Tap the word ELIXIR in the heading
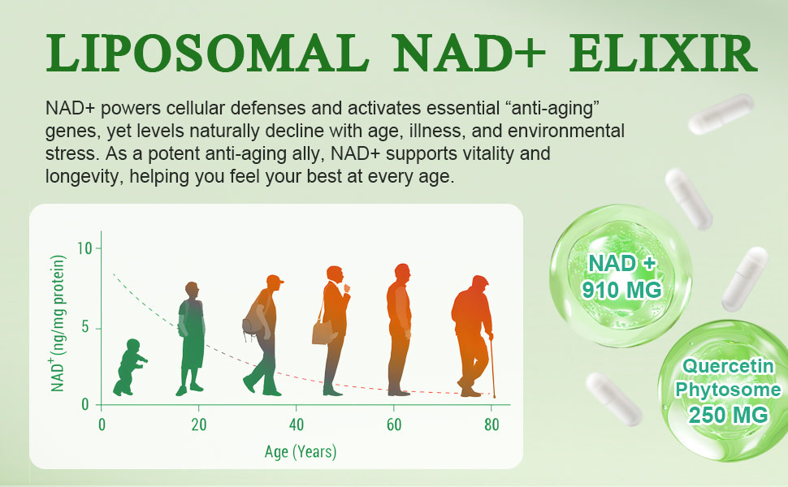click(x=663, y=54)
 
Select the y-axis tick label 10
click(x=84, y=248)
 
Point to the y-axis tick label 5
click(x=84, y=328)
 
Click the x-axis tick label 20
click(x=198, y=425)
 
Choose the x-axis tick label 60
click(x=394, y=425)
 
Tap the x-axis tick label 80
click(x=491, y=425)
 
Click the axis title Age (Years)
click(x=301, y=451)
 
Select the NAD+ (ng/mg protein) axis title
click(x=58, y=323)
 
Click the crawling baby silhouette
click(x=130, y=368)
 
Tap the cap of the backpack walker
click(x=275, y=280)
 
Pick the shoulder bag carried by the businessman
click(x=322, y=331)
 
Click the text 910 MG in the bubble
click(x=621, y=290)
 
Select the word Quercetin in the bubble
click(x=728, y=366)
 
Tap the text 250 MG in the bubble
click(x=729, y=416)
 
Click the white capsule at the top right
click(x=721, y=114)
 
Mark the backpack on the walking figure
click(x=253, y=321)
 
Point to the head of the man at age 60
click(x=402, y=273)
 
